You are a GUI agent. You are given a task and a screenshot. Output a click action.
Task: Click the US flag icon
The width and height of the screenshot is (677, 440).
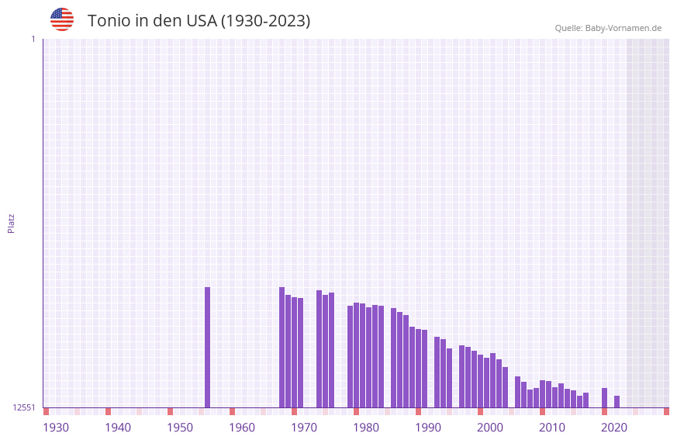pos(62,19)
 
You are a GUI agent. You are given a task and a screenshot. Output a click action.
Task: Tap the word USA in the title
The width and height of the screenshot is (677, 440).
pos(201,21)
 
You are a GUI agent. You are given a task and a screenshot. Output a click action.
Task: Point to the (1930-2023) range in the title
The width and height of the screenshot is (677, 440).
pos(266,21)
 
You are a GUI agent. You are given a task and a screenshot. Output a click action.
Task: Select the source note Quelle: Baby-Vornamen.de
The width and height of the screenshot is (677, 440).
pos(608,28)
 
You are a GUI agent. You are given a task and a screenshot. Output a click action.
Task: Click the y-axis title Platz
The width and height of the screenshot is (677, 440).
pos(11,223)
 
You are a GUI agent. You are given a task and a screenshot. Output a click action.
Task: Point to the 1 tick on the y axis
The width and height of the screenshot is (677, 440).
pos(33,39)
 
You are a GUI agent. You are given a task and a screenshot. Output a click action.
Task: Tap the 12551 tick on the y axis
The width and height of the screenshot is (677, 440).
pos(24,407)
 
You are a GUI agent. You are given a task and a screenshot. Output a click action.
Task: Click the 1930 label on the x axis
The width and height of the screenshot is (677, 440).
pos(56,428)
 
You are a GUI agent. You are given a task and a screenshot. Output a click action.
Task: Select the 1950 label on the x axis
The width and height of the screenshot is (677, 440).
pos(180,428)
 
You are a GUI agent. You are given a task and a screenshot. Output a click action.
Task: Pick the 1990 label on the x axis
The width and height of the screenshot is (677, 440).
pos(428,428)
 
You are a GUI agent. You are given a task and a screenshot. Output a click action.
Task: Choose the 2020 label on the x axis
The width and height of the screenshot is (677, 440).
pos(614,428)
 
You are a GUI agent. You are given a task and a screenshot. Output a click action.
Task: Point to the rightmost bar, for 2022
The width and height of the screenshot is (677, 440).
pos(617,402)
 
